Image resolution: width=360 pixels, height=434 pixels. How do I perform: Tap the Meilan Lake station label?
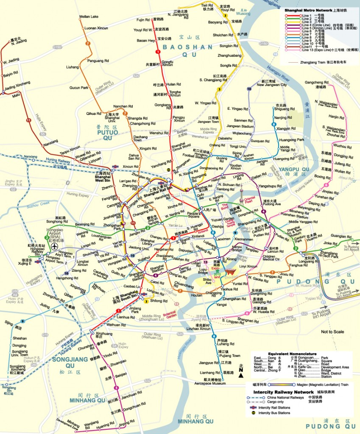89,17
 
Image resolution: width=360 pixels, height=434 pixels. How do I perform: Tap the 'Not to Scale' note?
333,331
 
